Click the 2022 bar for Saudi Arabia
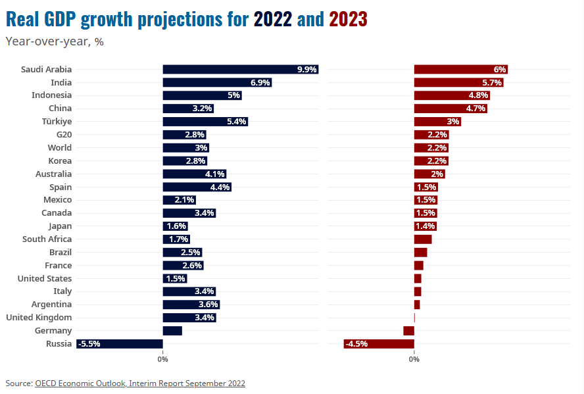click(240, 69)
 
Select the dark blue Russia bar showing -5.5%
click(119, 343)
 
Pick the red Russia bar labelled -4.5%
click(379, 343)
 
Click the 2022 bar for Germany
click(172, 330)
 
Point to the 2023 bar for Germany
click(409, 330)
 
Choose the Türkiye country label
click(57, 122)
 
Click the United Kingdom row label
click(39, 318)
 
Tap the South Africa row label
click(47, 239)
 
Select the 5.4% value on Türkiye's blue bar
click(236, 122)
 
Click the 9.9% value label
click(307, 69)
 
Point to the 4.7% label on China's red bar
click(475, 109)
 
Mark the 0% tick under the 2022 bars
click(162, 359)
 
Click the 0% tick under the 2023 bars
click(414, 359)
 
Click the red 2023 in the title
click(348, 20)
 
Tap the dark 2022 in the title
click(273, 20)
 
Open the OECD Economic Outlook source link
click(140, 383)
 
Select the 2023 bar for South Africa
click(423, 239)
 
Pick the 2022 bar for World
click(185, 148)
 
